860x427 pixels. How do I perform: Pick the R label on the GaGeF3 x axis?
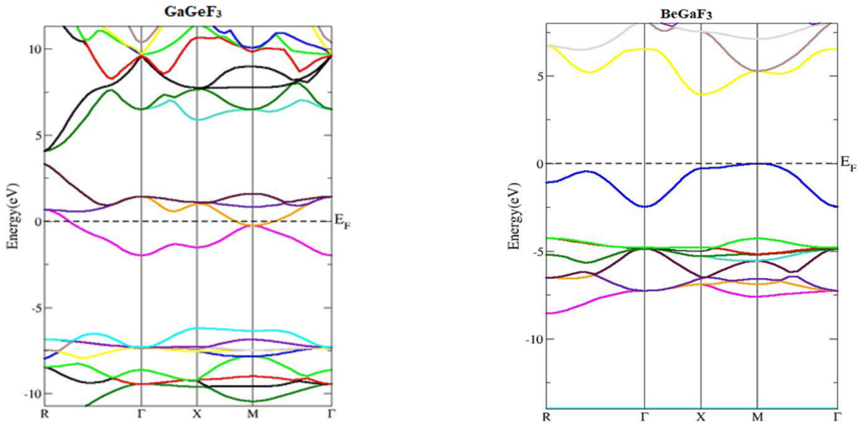(x=44, y=414)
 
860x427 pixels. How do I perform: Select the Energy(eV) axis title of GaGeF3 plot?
(x=13, y=216)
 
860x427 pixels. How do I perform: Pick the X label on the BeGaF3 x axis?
(x=700, y=417)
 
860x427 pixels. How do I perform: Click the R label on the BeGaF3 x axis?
(x=546, y=417)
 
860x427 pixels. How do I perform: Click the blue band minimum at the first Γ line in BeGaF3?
(x=644, y=207)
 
